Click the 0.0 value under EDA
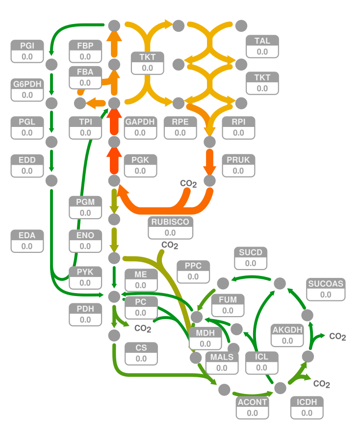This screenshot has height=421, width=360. pyautogui.click(x=27, y=247)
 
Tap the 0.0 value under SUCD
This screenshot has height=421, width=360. pyautogui.click(x=251, y=263)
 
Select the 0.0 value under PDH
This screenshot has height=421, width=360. pyautogui.click(x=85, y=320)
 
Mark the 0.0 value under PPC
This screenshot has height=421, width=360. pyautogui.click(x=193, y=276)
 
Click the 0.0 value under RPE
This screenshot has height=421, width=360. pyautogui.click(x=180, y=132)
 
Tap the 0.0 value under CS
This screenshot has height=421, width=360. pyautogui.click(x=141, y=359)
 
